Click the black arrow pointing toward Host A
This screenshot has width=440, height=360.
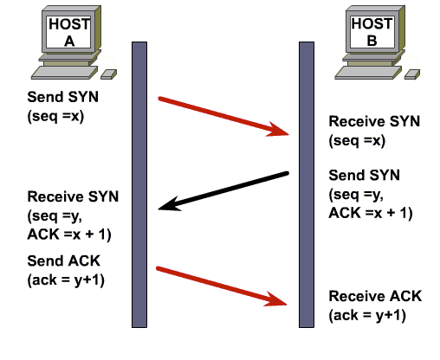coord(223,191)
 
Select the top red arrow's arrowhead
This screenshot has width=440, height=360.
coord(278,130)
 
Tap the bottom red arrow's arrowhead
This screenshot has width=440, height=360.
coord(275,299)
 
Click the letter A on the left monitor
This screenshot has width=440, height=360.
coord(69,42)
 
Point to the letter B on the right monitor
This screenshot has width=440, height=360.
coord(372,41)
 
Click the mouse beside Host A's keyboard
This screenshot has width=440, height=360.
coord(109,74)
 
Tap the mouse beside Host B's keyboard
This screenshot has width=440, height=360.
coord(412,74)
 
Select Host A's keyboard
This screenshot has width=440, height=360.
coord(64,73)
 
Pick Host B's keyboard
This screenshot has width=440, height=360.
coord(368,73)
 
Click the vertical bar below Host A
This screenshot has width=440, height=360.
coord(139,184)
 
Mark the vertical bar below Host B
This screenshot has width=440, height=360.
coord(307,184)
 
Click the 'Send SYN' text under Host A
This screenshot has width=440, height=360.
coord(63,97)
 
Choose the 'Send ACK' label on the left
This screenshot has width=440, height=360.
coord(64,260)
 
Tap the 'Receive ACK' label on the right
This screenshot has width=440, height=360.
coord(375,296)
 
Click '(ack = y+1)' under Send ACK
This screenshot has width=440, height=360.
coord(66,280)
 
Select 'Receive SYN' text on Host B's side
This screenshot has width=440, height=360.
coord(374,121)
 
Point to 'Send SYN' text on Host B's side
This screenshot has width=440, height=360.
coord(365,175)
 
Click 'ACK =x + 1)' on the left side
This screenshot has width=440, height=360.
coord(69,235)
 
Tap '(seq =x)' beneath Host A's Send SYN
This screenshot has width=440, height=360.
coord(55,116)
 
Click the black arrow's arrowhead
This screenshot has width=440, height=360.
coord(169,204)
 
